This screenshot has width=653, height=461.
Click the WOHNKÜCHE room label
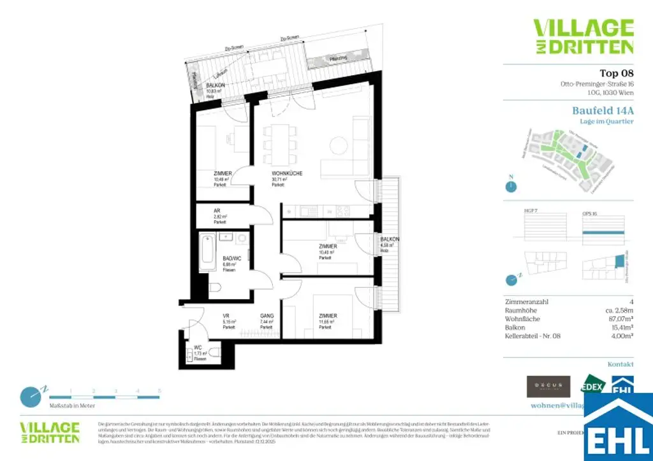tap(286, 173)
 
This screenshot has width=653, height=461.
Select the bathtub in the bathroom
tap(207, 253)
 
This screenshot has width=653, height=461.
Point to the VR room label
tap(226, 316)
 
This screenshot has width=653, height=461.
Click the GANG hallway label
tap(267, 316)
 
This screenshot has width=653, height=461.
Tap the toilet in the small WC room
tap(214, 352)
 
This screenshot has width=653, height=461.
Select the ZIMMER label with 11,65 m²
tap(328, 316)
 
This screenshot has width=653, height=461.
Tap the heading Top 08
tap(617, 73)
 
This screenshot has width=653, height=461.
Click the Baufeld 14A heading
tap(603, 110)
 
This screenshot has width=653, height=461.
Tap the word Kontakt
tap(620, 364)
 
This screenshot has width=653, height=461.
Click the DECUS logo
tap(548, 386)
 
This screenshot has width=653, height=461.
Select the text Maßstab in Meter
tap(72, 405)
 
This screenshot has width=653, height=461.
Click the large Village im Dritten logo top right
tap(583, 36)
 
